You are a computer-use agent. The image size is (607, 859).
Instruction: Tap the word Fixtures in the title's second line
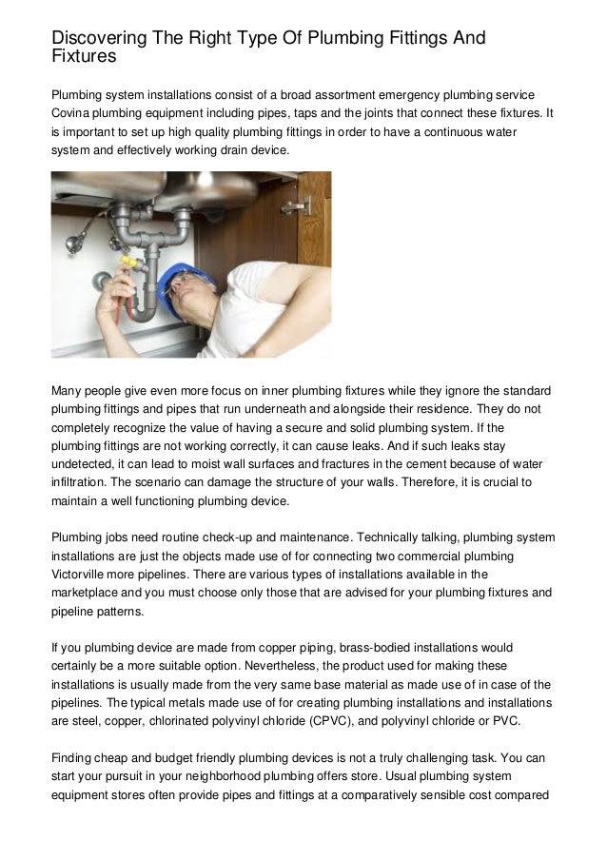coord(83,57)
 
